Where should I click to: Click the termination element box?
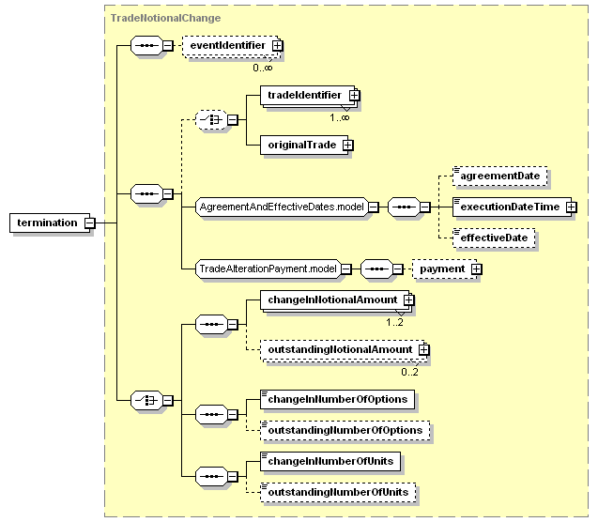50,223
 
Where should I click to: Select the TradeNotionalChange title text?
165,18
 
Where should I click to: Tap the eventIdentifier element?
231,46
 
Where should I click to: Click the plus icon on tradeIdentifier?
354,95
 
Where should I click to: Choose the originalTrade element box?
304,145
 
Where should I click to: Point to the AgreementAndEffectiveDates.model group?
283,207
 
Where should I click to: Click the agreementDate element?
500,176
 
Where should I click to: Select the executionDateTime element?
513,207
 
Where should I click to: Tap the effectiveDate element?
494,238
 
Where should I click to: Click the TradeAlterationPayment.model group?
268,269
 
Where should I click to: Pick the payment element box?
445,269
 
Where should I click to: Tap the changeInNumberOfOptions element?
338,400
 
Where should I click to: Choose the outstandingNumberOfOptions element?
345,431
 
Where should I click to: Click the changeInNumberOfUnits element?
330,462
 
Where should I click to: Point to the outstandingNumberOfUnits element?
338,493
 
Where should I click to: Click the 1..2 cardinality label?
394,323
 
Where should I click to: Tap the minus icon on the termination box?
90,223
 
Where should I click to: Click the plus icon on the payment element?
476,269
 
